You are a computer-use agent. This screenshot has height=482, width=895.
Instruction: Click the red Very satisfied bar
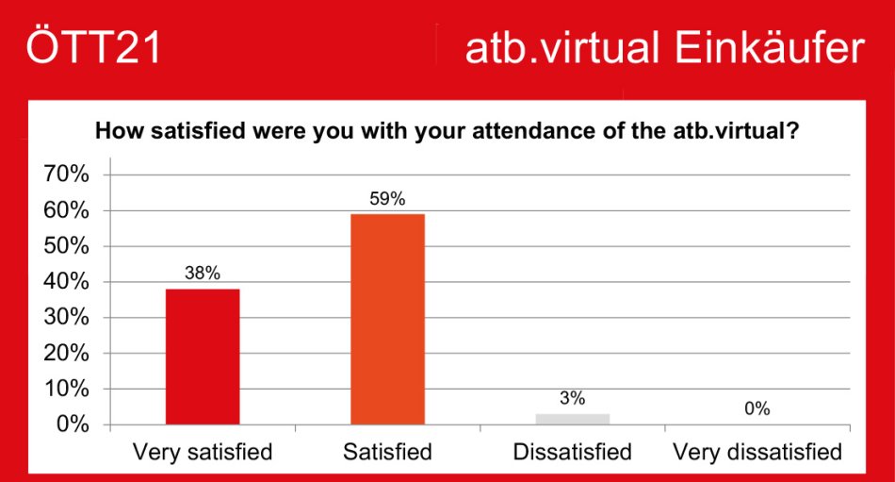pyautogui.click(x=203, y=357)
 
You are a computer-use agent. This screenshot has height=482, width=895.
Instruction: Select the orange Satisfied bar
pyautogui.click(x=387, y=320)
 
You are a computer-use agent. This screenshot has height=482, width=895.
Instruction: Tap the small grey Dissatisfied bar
pyautogui.click(x=573, y=419)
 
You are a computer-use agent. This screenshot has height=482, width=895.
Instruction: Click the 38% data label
pyautogui.click(x=203, y=274)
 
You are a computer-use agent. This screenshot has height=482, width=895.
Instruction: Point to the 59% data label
pyautogui.click(x=387, y=199)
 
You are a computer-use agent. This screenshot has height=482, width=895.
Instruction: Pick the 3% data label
pyautogui.click(x=573, y=398)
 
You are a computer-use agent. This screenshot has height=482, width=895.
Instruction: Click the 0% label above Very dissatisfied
pyautogui.click(x=757, y=408)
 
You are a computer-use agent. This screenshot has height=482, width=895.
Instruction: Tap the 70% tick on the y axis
pyautogui.click(x=67, y=174)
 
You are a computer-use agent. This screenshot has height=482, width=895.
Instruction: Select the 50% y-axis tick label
pyautogui.click(x=67, y=246)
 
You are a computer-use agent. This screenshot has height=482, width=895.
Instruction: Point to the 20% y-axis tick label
pyautogui.click(x=67, y=354)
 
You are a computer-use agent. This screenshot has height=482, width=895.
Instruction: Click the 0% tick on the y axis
pyautogui.click(x=73, y=424)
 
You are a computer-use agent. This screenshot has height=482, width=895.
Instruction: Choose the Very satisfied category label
pyautogui.click(x=203, y=452)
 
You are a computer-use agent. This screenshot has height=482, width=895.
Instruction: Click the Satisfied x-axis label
pyautogui.click(x=387, y=452)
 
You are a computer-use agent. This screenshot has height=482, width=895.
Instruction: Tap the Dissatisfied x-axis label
pyautogui.click(x=573, y=452)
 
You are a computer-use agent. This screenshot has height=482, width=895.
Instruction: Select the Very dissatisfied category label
pyautogui.click(x=757, y=452)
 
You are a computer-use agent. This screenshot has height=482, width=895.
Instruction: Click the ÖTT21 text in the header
pyautogui.click(x=93, y=45)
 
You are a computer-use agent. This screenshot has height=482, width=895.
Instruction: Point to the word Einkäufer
pyautogui.click(x=770, y=47)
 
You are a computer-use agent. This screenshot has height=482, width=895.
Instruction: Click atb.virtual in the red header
pyautogui.click(x=562, y=48)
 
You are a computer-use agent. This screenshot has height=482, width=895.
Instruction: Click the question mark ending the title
pyautogui.click(x=793, y=131)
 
